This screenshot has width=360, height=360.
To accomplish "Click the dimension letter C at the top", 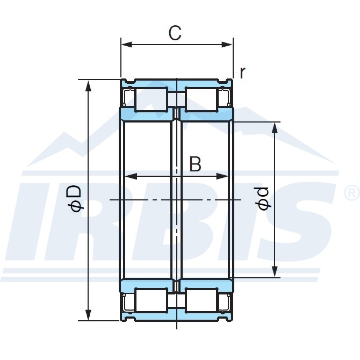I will click(175, 33).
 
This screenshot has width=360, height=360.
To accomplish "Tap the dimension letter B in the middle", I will click(195, 164).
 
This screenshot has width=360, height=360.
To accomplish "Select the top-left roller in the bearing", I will click(150, 99).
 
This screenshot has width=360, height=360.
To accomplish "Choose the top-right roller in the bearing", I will click(201, 99).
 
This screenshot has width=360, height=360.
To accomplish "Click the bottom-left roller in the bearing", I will click(150, 300).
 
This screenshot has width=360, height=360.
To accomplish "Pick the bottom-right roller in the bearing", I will click(201, 300).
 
